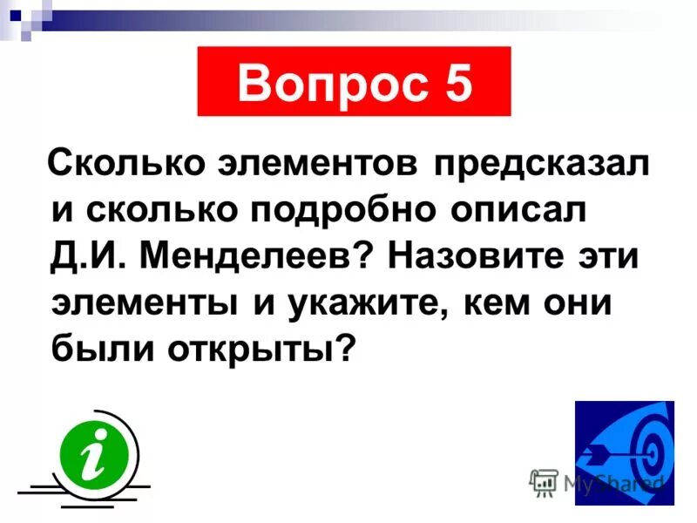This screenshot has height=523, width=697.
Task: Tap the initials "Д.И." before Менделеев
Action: pyautogui.click(x=85, y=258)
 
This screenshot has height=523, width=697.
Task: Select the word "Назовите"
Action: pyautogui.click(x=465, y=258)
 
